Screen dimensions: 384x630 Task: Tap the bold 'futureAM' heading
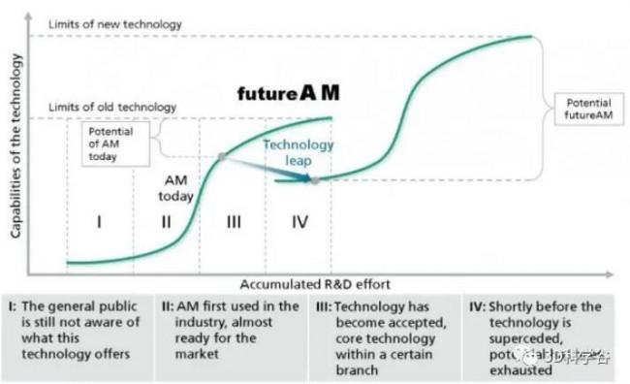[x=289, y=94]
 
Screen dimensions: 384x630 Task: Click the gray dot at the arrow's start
[x=222, y=156]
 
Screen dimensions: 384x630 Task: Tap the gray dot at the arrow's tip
[x=316, y=179]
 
